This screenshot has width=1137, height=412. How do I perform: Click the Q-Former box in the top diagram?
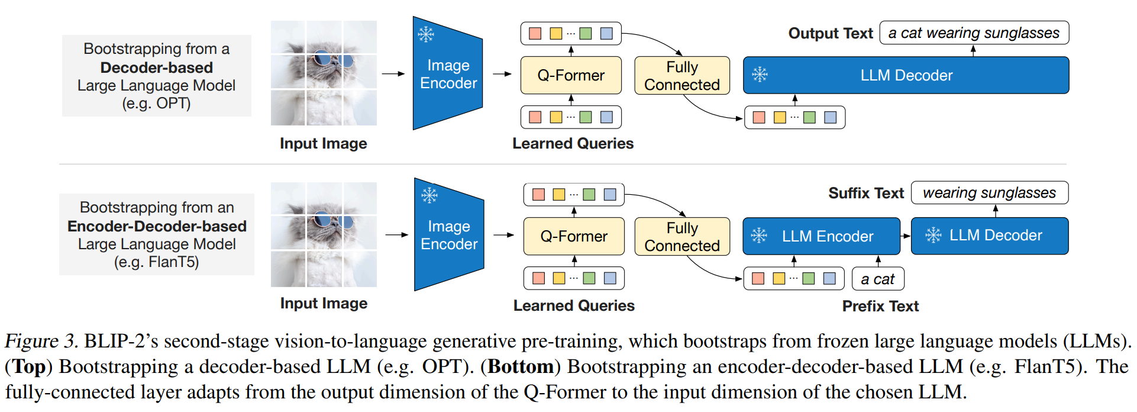coord(571,75)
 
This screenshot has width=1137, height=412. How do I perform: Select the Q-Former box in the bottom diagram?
coord(574,236)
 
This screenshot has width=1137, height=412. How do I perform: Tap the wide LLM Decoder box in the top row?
coord(906,75)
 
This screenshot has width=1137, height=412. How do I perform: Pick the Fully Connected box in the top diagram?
coord(681,75)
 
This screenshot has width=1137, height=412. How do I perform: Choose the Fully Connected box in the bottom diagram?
coord(681,236)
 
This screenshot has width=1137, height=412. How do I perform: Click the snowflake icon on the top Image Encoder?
coord(426,34)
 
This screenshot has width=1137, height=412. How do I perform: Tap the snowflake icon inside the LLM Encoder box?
coord(759,236)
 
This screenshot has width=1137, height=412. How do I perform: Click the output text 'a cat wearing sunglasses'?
coord(974,33)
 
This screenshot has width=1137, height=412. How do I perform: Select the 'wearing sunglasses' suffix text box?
coord(989,193)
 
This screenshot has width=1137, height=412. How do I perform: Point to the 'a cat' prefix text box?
coord(878,279)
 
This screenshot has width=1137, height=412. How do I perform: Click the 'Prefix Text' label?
coord(880,306)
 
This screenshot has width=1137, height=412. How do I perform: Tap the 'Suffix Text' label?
coord(865,193)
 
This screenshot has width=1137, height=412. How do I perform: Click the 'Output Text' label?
coord(830,33)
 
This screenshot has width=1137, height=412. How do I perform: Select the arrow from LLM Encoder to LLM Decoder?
coord(905,236)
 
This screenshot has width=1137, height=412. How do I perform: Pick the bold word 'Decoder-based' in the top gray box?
coord(156,67)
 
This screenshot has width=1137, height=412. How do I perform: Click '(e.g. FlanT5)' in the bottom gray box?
coord(156,262)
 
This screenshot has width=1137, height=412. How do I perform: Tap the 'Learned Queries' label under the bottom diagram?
coord(573,305)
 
